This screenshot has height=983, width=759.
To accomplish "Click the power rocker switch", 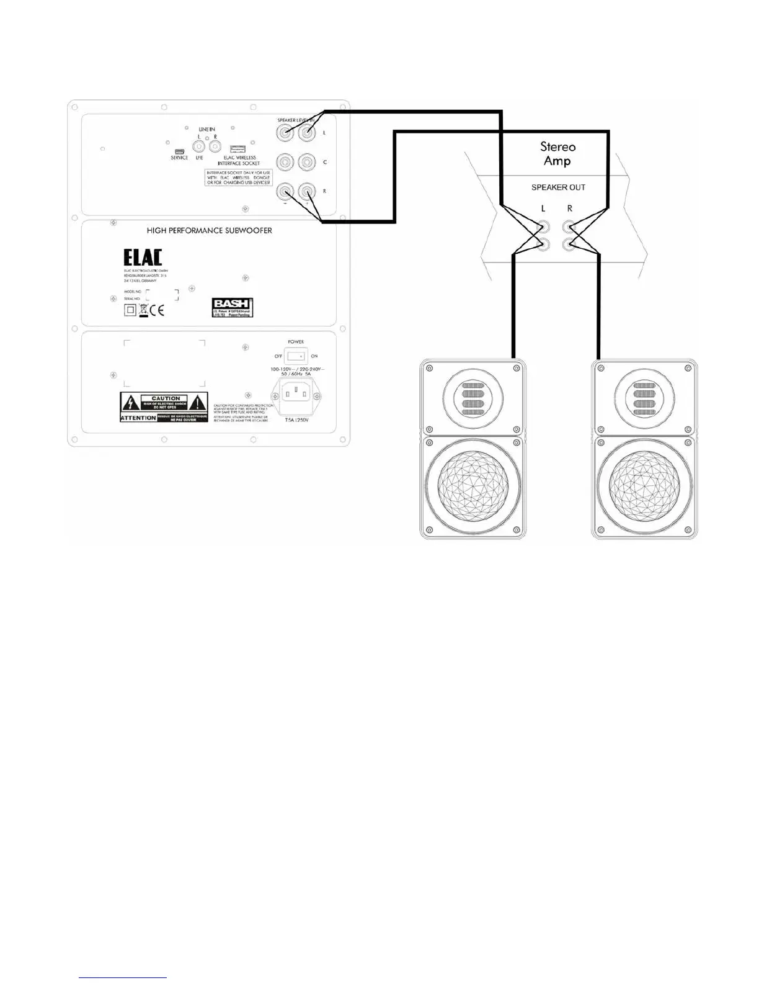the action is pos(297,356).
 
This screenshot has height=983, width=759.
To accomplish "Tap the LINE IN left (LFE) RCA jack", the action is pos(199,146).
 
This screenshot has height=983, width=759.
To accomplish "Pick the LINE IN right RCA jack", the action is pos(215,146).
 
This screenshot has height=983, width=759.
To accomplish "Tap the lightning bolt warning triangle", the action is pos(130,403).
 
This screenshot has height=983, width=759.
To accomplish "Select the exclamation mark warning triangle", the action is pos(197,402).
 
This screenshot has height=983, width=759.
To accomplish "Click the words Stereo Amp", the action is pos(557,154).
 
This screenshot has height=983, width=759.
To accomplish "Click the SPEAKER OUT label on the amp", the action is pos(558,187).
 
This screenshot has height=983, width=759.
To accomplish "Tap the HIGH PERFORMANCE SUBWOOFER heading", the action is pos(209,230).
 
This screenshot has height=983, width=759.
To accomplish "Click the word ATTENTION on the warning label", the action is pos(138,418).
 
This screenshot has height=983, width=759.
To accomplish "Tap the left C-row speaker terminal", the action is pos(285,162).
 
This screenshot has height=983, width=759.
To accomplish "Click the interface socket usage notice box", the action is pos(239,177).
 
